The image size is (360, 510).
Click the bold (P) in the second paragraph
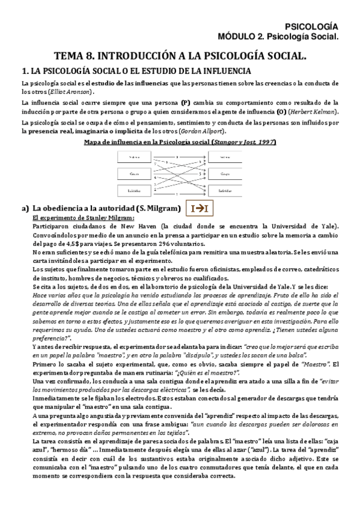pos(186,103)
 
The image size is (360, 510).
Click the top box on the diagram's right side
pos(225,157)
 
